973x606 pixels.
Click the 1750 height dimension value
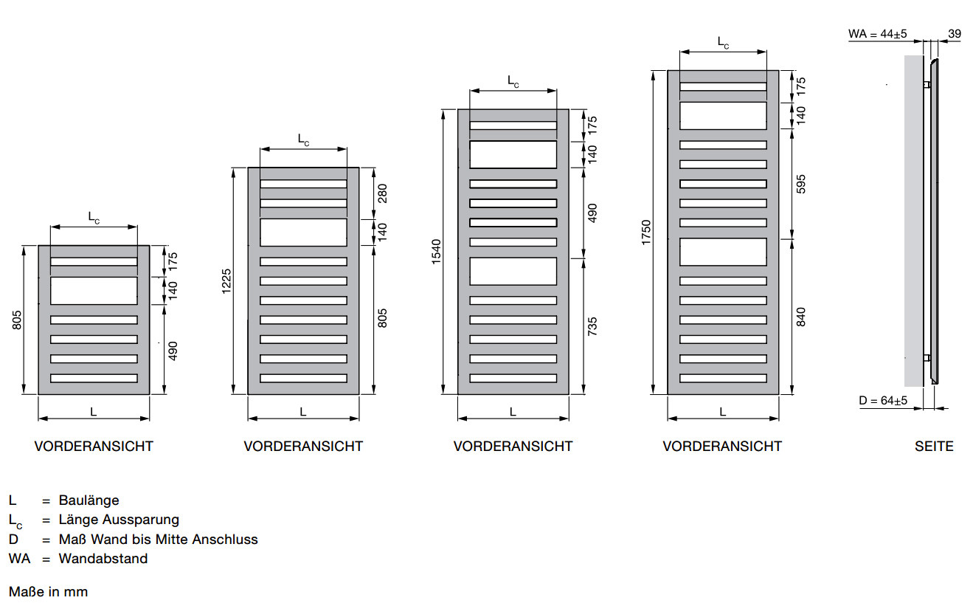click(646, 233)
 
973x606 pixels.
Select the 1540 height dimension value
click(437, 252)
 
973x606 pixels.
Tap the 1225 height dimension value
click(226, 281)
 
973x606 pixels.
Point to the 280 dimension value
click(382, 193)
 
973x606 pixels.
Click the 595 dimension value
click(801, 184)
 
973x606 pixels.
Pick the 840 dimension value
click(801, 317)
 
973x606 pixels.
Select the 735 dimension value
click(592, 326)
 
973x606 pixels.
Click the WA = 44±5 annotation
click(877, 34)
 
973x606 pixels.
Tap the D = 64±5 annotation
click(883, 400)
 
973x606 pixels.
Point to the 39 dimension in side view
click(955, 34)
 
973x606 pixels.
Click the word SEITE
click(934, 447)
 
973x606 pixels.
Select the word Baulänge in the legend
click(89, 500)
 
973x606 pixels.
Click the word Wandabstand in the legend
click(103, 559)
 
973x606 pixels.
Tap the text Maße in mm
click(48, 592)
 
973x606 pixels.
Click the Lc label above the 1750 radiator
click(723, 43)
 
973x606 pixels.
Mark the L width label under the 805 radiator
click(94, 412)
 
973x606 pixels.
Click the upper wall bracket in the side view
click(927, 84)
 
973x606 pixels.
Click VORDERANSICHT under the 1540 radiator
click(513, 447)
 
